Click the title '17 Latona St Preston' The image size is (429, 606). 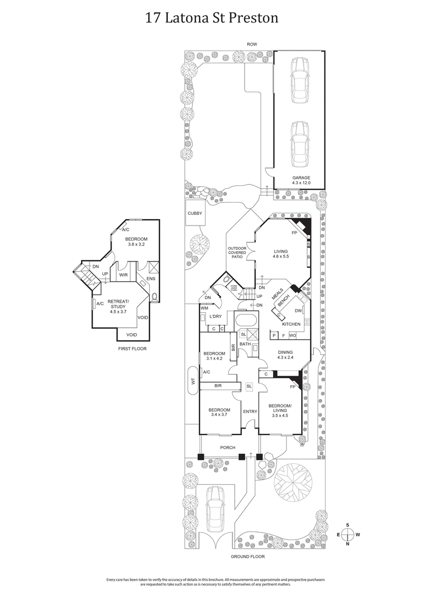[212, 19]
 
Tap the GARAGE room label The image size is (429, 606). [301, 180]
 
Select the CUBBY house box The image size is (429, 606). [194, 213]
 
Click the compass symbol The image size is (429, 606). [348, 534]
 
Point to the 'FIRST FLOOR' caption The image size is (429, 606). [132, 348]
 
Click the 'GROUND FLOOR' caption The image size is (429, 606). [247, 556]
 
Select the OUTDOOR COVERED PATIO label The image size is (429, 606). [236, 252]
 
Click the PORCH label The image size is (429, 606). [228, 447]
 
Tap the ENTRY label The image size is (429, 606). [250, 412]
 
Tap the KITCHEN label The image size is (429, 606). [292, 324]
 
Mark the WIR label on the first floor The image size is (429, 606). [123, 275]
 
